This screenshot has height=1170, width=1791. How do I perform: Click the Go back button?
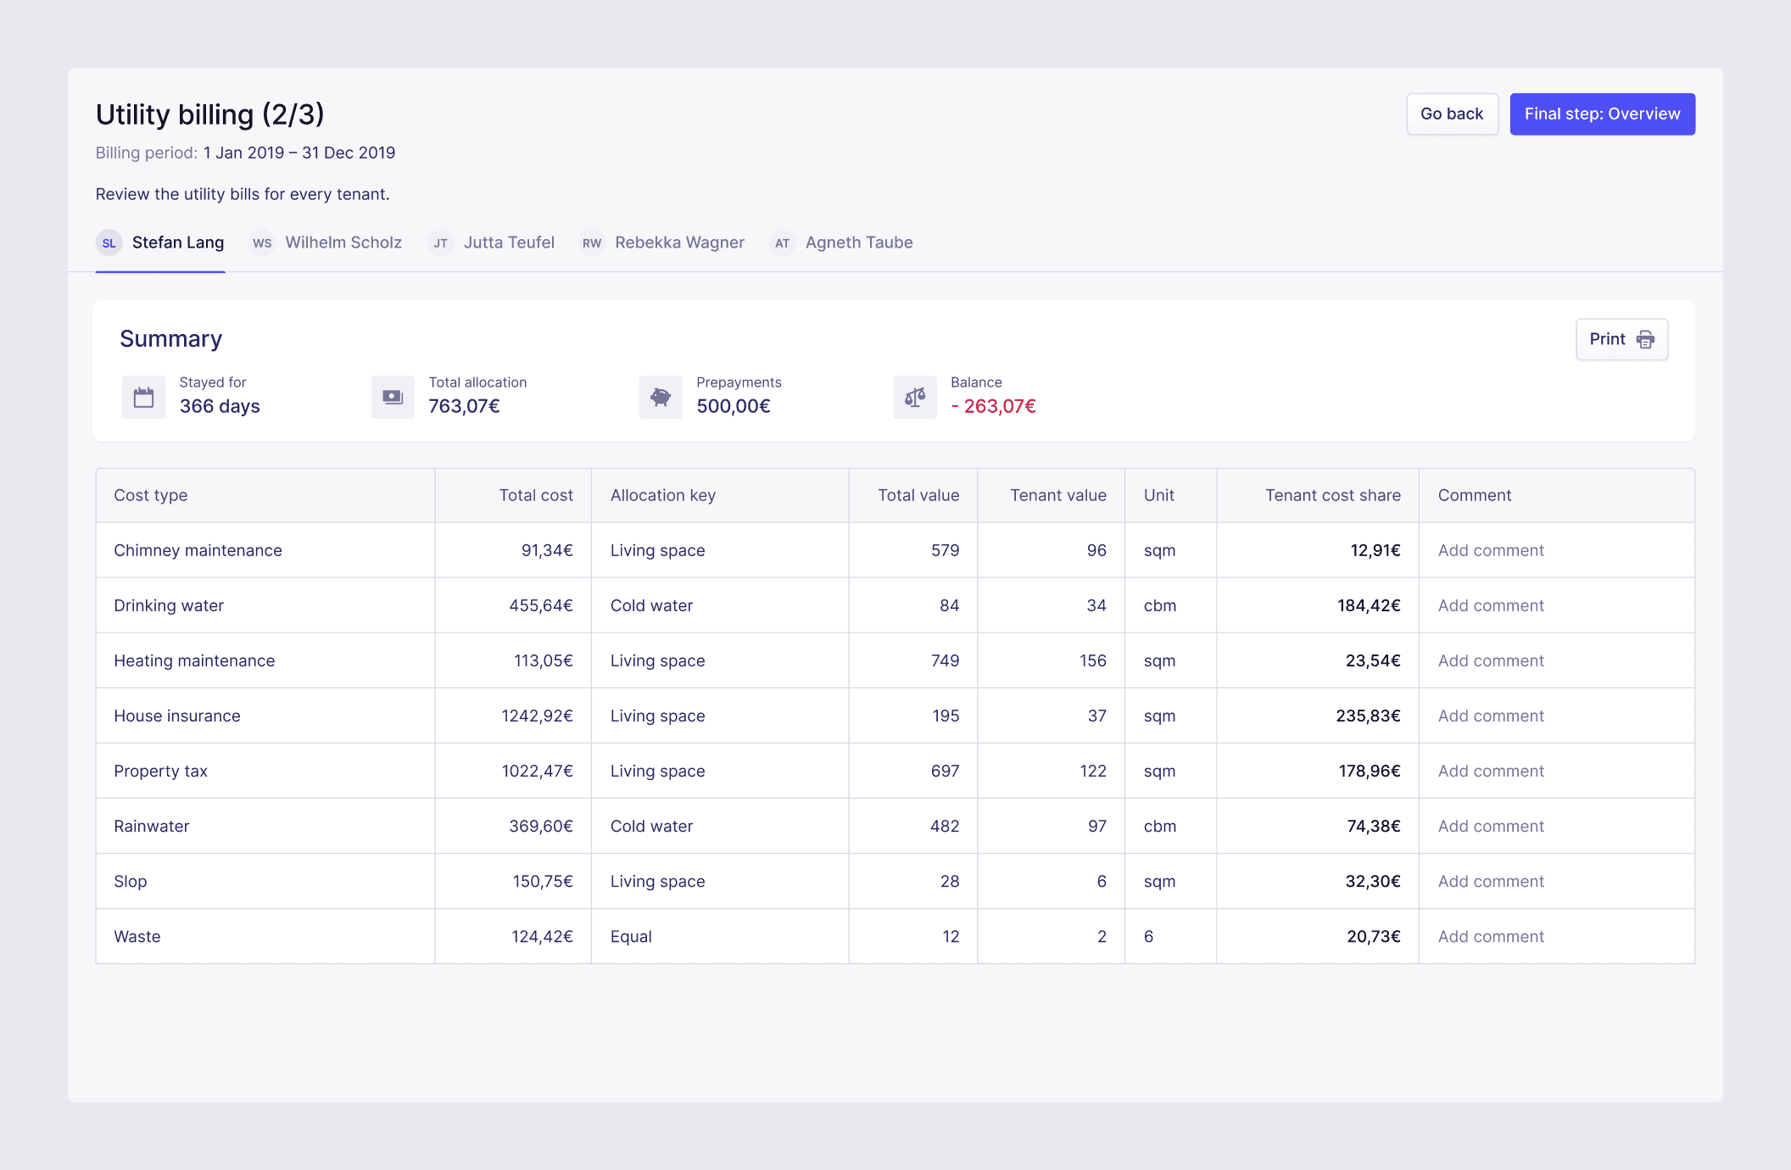[1452, 114]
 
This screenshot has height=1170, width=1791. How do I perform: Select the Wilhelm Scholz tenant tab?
[343, 242]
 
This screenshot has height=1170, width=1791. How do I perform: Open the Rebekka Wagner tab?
[678, 242]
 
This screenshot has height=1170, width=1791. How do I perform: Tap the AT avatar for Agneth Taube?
[782, 243]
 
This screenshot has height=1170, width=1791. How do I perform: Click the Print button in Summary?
[1621, 339]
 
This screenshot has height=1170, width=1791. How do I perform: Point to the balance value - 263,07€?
[993, 406]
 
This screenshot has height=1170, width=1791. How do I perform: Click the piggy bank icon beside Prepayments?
[661, 397]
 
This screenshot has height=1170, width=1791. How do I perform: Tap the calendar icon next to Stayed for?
[144, 397]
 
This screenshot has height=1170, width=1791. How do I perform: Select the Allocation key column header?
[662, 495]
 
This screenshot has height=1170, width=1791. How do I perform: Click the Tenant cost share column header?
[1332, 495]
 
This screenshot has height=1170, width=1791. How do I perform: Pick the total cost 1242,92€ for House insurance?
[537, 716]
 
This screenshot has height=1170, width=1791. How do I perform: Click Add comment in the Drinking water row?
[1490, 605]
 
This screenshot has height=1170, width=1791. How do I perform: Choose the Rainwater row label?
[152, 826]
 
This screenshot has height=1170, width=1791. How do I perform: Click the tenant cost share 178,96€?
[1369, 771]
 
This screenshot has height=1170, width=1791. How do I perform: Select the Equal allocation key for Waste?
[631, 936]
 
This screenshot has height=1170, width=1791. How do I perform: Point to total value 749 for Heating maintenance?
[945, 660]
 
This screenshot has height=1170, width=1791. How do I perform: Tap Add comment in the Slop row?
[1490, 881]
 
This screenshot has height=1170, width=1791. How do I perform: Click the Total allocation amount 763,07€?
[464, 406]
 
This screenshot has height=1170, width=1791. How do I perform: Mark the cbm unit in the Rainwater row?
[1159, 826]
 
